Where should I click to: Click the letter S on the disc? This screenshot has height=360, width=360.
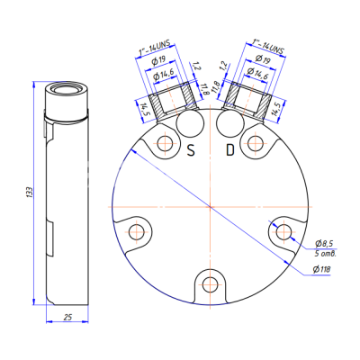190,150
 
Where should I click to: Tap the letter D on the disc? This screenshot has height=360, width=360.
229,150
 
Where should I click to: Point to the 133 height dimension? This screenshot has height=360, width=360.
30,192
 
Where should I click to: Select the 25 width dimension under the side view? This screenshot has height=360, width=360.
67,318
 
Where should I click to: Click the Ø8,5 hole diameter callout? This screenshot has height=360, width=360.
325,244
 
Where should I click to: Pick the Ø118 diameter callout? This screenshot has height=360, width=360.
322,268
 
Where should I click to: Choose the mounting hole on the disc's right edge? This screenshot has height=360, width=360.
284,232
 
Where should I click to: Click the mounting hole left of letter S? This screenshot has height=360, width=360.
164,144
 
